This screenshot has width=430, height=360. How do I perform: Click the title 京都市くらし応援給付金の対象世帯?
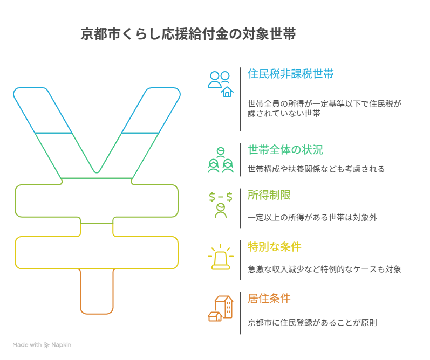188,35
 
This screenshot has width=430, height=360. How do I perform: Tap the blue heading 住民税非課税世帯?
290,74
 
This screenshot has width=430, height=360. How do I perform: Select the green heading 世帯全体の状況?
285,149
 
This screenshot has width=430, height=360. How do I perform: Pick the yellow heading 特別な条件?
274,247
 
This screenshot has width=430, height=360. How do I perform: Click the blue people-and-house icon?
220,84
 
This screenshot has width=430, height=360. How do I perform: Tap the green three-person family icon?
220,160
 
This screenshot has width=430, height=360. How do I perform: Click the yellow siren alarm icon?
220,257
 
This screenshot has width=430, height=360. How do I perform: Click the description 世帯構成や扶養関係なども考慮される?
316,169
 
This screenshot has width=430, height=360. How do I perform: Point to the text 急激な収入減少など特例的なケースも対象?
324,269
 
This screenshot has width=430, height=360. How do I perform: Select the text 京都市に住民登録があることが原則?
312,323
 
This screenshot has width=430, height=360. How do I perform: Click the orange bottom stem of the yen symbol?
97,291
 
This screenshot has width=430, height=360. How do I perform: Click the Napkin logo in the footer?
57,345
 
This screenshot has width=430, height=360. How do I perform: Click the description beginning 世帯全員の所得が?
325,108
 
